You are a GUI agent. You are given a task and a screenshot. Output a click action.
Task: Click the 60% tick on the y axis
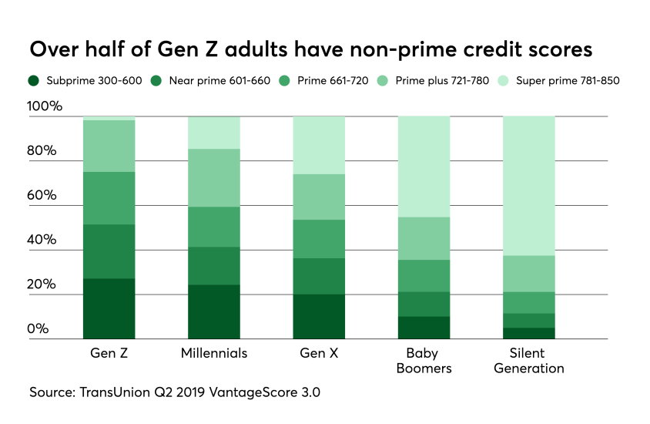tap(42, 195)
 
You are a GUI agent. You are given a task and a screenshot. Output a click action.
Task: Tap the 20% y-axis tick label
tap(42, 284)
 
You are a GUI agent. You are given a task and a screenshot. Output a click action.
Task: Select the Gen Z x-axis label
tap(109, 353)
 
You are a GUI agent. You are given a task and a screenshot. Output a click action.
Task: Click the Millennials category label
tap(214, 353)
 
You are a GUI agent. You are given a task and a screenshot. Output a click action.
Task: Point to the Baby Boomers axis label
tap(424, 360)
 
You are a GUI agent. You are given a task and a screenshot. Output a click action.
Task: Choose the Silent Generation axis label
tap(528, 360)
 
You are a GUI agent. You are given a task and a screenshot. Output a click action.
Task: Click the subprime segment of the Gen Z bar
tap(109, 308)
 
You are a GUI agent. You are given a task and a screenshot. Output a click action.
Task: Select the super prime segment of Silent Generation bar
tap(528, 186)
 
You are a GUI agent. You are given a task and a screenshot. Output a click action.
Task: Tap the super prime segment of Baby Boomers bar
tap(424, 167)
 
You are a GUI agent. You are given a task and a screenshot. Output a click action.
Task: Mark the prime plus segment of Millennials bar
tap(214, 178)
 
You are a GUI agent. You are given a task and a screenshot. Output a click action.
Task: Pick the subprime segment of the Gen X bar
tap(319, 316)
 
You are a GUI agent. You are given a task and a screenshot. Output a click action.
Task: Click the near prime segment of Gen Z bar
tap(109, 251)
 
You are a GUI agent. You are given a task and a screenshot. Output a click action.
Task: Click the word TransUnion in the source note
tap(112, 392)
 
